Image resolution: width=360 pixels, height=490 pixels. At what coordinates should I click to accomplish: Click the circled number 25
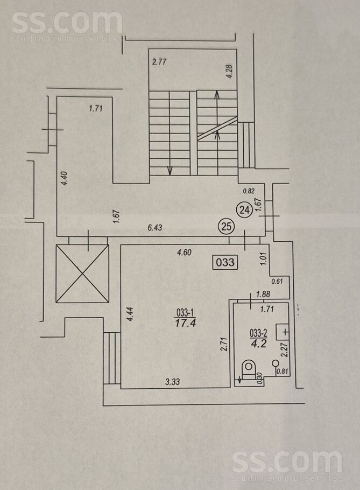point(227,226)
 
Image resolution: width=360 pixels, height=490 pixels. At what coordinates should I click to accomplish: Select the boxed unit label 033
point(225,262)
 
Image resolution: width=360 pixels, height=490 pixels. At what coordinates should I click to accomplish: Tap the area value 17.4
point(186,323)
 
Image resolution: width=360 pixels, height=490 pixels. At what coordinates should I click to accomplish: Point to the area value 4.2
point(258,344)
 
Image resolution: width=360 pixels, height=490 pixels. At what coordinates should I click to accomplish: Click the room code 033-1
point(186,312)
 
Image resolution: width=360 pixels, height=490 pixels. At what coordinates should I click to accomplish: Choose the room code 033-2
point(258,333)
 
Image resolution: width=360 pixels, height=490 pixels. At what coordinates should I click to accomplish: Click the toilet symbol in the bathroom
point(249,369)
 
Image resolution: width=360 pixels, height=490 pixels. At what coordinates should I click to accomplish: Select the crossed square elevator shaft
point(82,274)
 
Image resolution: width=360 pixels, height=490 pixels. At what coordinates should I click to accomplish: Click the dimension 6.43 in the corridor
point(155,227)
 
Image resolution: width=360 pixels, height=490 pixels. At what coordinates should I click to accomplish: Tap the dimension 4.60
point(184,252)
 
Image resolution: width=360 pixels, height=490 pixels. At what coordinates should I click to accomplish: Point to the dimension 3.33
point(172,382)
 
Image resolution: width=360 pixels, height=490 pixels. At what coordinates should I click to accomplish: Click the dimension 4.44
point(131,314)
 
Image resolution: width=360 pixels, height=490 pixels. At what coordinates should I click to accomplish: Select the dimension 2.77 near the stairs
point(159,62)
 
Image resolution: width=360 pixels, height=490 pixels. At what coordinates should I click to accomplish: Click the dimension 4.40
point(65,179)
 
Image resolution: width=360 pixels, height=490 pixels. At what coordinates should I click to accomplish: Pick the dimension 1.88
point(263,294)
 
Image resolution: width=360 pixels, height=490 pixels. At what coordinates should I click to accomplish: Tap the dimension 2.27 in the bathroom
point(284,349)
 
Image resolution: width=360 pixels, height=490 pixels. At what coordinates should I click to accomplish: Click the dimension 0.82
point(249,191)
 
